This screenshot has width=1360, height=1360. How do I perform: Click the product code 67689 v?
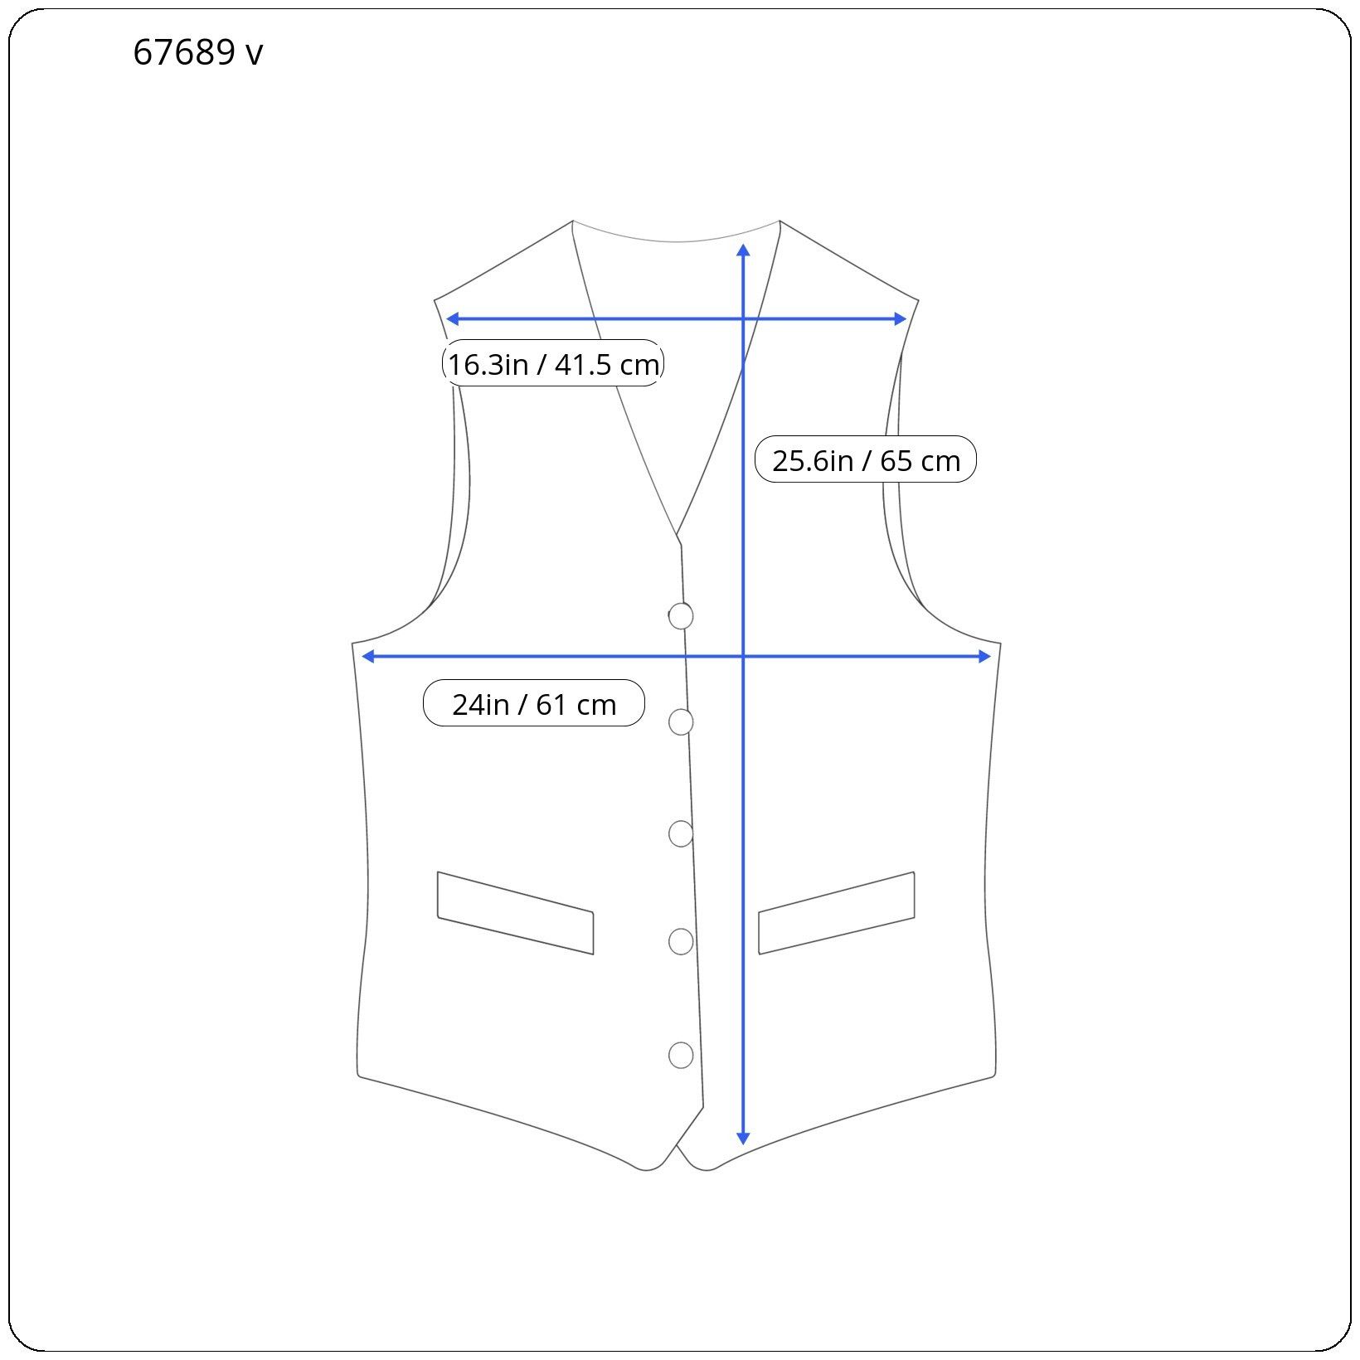pos(198,53)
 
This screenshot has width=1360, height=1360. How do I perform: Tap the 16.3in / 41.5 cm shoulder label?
pos(553,363)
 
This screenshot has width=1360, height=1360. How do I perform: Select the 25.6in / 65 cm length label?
pos(866,459)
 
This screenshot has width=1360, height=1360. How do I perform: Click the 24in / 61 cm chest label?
pos(534,703)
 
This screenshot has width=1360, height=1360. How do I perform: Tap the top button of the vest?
pos(681,616)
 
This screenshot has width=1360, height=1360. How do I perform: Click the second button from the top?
pos(681,722)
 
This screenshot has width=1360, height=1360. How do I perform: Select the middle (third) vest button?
pos(681,833)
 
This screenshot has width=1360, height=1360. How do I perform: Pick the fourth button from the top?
pos(681,941)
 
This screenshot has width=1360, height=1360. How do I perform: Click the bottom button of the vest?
pos(681,1055)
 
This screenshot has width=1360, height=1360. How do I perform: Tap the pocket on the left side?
pos(516,913)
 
